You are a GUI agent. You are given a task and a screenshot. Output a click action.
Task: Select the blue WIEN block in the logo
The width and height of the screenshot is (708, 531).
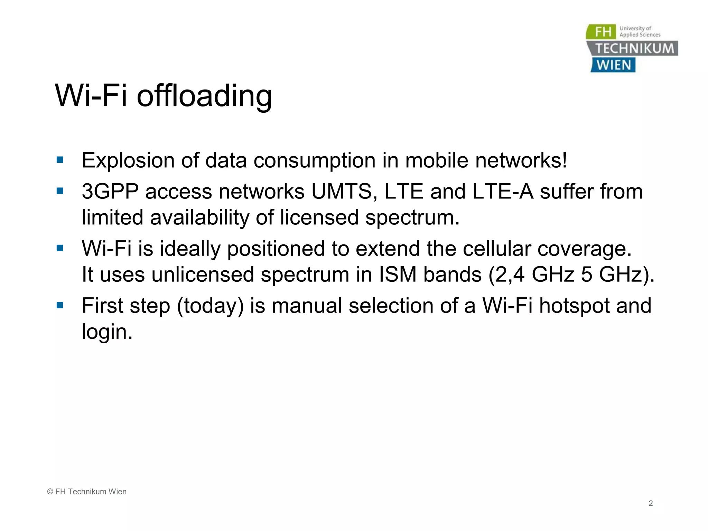coord(614,65)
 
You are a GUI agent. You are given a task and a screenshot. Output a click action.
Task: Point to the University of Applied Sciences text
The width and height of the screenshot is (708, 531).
coord(640,31)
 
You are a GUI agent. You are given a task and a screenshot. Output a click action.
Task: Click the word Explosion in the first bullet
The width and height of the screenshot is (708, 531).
coord(128,160)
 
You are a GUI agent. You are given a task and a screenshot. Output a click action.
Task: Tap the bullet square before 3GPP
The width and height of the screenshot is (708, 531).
coord(60,191)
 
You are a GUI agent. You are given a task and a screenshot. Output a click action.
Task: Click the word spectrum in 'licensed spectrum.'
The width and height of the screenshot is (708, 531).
coord(412,218)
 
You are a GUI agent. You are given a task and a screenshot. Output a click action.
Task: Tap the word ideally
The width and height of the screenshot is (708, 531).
coord(189,249)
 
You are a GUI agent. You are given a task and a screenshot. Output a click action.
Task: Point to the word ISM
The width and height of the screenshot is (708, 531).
coord(398,274)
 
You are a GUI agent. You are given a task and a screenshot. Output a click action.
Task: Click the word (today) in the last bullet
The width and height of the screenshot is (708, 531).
coord(210,306)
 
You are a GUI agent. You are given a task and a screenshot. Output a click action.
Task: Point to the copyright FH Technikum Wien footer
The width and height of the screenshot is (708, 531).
coord(87,492)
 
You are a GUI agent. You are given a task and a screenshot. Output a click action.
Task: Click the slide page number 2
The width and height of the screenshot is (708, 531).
coord(651,503)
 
